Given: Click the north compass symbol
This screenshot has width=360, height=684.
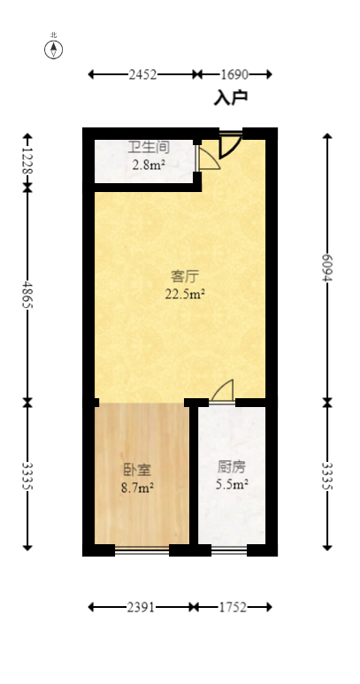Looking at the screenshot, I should [x=54, y=48].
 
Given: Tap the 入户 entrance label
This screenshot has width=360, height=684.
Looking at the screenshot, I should [x=231, y=97].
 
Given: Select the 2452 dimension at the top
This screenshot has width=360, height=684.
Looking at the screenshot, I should [x=142, y=75].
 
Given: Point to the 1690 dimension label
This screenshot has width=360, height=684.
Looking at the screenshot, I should [x=234, y=75].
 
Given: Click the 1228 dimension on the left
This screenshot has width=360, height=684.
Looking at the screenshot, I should [x=27, y=160].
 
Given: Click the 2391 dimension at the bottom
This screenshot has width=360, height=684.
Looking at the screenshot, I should [x=142, y=607].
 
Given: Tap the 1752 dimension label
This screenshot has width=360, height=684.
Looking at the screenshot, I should [x=234, y=607].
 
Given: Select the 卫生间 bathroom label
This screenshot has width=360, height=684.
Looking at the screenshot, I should [x=149, y=148].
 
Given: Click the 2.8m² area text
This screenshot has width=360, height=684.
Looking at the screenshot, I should [x=149, y=164].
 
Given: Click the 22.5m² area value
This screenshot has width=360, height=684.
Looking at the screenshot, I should [x=185, y=294].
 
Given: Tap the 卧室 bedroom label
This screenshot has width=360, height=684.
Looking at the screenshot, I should [x=136, y=469].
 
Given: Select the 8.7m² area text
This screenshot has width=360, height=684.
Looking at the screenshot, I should [x=136, y=487].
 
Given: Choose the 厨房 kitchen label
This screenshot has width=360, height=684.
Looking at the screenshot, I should [x=232, y=466].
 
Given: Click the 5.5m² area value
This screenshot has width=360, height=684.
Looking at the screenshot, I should [x=232, y=484].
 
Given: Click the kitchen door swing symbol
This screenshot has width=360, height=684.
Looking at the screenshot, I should [x=223, y=391].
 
